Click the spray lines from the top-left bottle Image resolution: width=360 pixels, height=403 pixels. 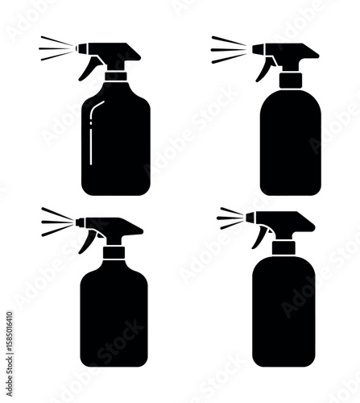coord(55,48)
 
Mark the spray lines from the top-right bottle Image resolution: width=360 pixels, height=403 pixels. coord(228,49)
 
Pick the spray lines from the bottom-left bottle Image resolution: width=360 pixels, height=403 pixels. coord(56,222)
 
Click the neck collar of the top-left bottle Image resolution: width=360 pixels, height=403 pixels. coord(116,77)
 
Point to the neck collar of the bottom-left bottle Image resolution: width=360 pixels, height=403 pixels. coord(114,252)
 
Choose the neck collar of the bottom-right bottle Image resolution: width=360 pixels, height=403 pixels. coord(283,247)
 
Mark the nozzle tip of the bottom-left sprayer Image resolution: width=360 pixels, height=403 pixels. coord(78,222)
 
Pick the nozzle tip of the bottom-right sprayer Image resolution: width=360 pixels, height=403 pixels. coord(249,218)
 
